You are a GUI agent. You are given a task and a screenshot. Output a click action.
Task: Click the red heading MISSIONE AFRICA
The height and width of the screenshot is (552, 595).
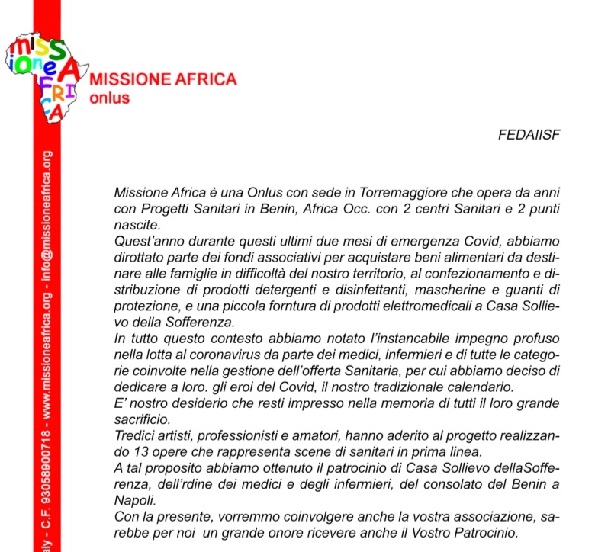click(x=163, y=80)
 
